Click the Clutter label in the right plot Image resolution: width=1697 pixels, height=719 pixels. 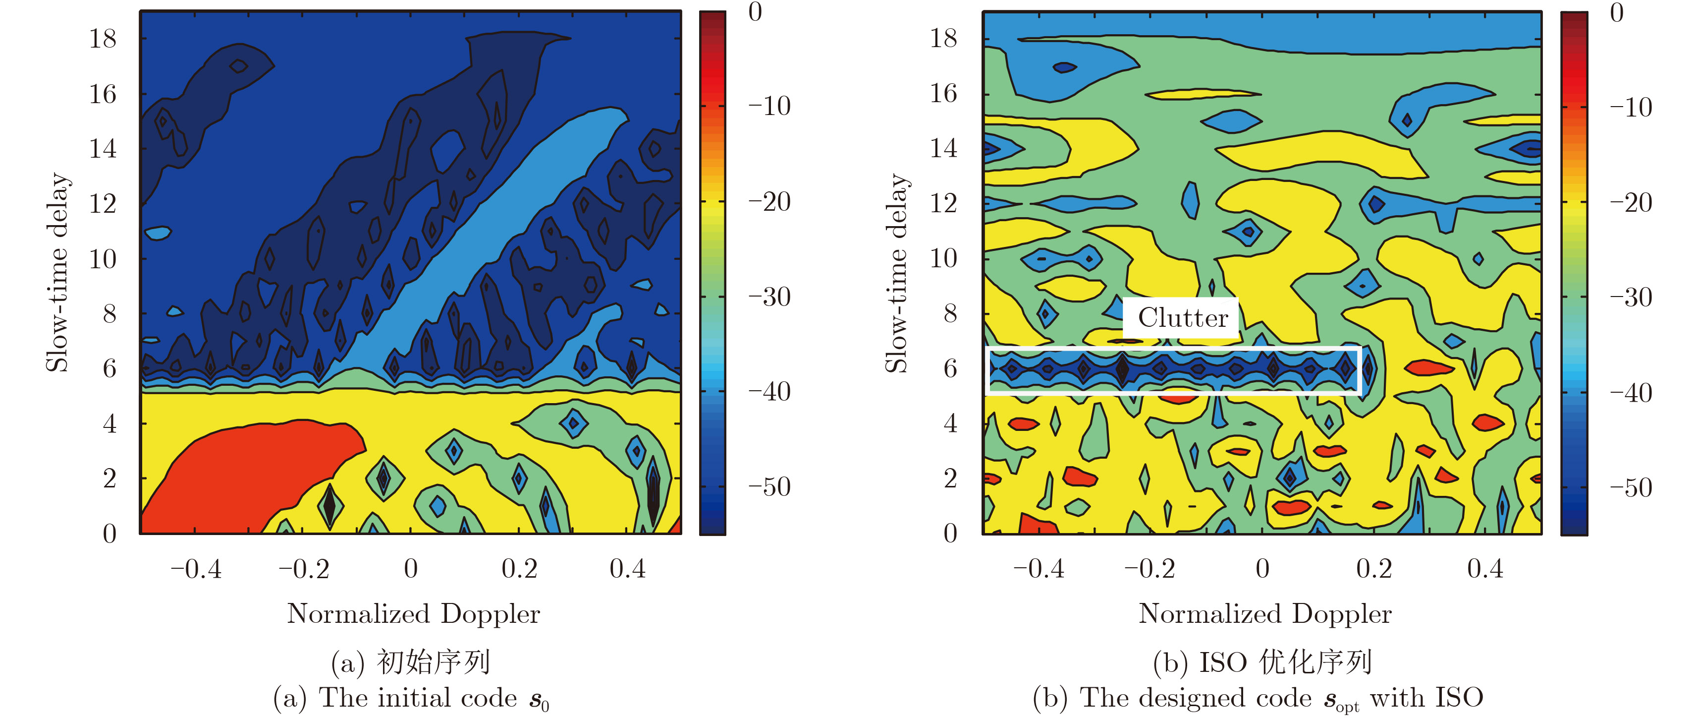point(1183,318)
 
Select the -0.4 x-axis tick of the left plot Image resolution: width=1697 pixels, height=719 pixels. point(196,569)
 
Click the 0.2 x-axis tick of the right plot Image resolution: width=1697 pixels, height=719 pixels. point(1373,569)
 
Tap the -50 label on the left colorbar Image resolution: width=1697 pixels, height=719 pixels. point(769,487)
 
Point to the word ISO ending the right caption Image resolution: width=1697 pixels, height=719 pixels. point(1459,697)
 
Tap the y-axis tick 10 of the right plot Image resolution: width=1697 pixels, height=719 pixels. point(943,258)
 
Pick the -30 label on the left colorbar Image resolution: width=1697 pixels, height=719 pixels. point(769,297)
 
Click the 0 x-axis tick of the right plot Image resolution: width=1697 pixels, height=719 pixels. point(1262,569)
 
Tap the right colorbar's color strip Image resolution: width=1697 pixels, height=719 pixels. point(1574,272)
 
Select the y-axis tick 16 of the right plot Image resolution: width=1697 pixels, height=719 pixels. point(943,94)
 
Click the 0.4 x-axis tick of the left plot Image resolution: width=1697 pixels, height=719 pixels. point(627,569)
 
